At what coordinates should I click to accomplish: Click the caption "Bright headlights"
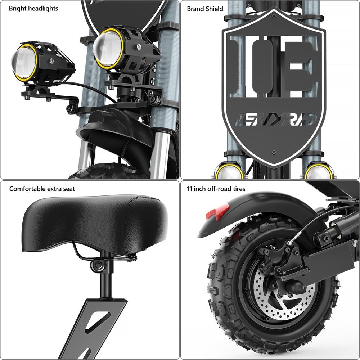pos(33,8)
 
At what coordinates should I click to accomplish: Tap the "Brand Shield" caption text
pos(205,9)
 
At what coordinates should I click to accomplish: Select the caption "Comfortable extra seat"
pos(42,189)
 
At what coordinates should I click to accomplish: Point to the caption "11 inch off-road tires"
pos(216,189)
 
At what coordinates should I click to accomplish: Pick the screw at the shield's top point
pos(274,16)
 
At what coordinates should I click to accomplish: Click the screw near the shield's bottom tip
pos(274,152)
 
